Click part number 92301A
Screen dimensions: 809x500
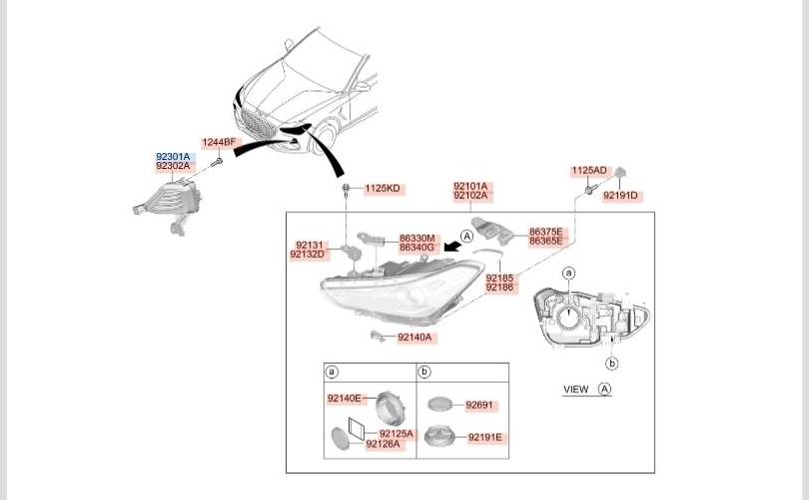(x=173, y=157)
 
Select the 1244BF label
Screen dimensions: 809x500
(x=219, y=142)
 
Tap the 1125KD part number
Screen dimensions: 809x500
(x=383, y=189)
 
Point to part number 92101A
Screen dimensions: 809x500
(x=470, y=186)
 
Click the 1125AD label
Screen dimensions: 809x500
(x=588, y=170)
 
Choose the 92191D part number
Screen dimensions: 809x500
(x=620, y=195)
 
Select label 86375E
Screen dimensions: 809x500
(x=546, y=232)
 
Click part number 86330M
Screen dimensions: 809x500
(x=416, y=239)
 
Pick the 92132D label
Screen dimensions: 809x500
(x=308, y=254)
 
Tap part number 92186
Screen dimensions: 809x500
(x=499, y=287)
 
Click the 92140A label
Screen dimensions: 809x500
(x=414, y=337)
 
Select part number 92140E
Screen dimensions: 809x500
(x=345, y=398)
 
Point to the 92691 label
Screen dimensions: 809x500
(x=479, y=405)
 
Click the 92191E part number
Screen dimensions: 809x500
(x=485, y=438)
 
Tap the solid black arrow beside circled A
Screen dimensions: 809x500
(x=452, y=245)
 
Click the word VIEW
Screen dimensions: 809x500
(x=576, y=389)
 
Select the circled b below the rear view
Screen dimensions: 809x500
(x=612, y=364)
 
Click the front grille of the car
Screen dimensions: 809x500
(x=259, y=124)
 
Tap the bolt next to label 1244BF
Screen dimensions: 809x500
(x=218, y=162)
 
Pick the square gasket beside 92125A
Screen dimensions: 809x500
(x=357, y=429)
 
